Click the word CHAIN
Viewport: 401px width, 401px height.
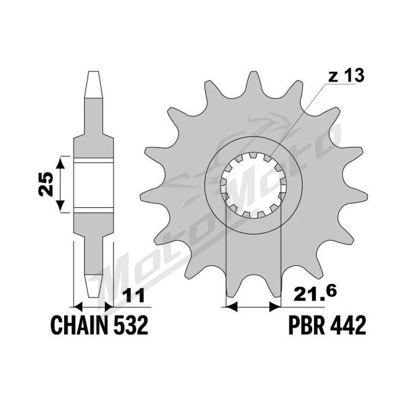pyautogui.click(x=79, y=325)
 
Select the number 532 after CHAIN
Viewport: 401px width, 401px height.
pyautogui.click(x=131, y=325)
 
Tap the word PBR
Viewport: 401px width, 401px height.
pyautogui.click(x=307, y=325)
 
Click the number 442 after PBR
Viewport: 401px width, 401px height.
pyautogui.click(x=349, y=325)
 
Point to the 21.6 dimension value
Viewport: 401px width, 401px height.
pyautogui.click(x=315, y=294)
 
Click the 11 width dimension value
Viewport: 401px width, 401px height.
pyautogui.click(x=134, y=295)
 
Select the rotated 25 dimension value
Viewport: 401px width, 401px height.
pyautogui.click(x=45, y=184)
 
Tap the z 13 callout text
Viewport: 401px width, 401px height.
pyautogui.click(x=346, y=76)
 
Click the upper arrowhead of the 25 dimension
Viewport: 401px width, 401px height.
pyautogui.click(x=60, y=163)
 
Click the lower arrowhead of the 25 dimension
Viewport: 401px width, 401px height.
pyautogui.click(x=60, y=206)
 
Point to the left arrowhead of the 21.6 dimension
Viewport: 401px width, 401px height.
pyautogui.click(x=232, y=306)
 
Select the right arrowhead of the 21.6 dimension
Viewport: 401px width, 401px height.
pyautogui.click(x=275, y=306)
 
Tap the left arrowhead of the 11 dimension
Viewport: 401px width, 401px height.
pyautogui.click(x=78, y=306)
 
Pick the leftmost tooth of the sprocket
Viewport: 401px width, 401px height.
pyautogui.click(x=151, y=196)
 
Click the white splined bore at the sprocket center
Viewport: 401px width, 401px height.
pyautogui.click(x=253, y=185)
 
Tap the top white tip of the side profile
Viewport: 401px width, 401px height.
pyautogui.click(x=94, y=84)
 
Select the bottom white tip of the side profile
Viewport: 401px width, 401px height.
pyautogui.click(x=94, y=287)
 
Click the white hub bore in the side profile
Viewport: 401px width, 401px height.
pyautogui.click(x=94, y=184)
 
